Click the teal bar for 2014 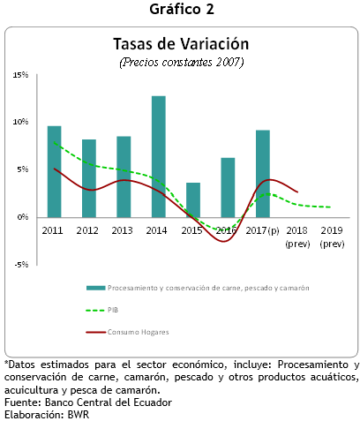coord(159,157)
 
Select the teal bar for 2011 coord(55,172)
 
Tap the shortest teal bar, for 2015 coord(193,200)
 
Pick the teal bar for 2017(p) coord(263,174)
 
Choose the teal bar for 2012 coord(89,178)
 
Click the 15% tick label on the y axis coord(20,75)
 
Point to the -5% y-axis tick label coord(21,265)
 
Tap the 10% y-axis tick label coord(20,122)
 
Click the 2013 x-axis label coord(122,230)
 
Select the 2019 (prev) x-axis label coord(332,237)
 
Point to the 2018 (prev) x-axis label coord(297,237)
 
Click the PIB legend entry coord(102,310)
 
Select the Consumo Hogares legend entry coord(127,332)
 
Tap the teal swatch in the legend coord(95,288)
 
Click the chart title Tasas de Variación coord(181,44)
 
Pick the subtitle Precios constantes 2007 coord(182,63)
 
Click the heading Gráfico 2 coord(182,9)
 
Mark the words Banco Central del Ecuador coord(109,402)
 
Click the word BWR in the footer coord(79,415)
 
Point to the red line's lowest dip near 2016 coord(224,242)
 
